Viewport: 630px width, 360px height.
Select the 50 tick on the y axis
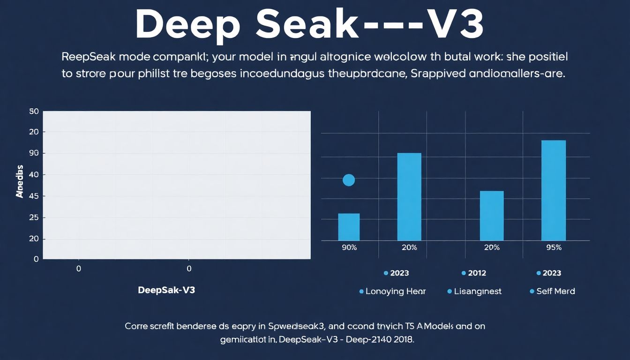point(33,112)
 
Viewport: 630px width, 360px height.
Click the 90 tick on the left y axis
point(33,153)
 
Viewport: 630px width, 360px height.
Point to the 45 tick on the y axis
point(33,196)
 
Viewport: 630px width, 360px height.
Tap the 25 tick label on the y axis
point(33,217)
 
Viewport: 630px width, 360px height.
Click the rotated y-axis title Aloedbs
point(19,181)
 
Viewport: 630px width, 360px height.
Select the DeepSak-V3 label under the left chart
point(166,290)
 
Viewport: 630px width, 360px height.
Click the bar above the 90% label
point(349,227)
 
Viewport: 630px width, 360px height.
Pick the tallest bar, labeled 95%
point(554,190)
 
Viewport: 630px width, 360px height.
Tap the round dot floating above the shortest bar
point(349,180)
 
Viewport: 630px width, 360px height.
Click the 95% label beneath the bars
point(554,247)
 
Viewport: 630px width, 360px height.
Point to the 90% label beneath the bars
point(349,247)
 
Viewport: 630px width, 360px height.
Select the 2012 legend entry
point(477,273)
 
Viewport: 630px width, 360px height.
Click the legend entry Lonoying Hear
point(395,291)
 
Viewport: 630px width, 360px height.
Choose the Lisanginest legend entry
point(477,291)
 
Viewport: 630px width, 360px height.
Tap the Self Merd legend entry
point(555,291)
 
